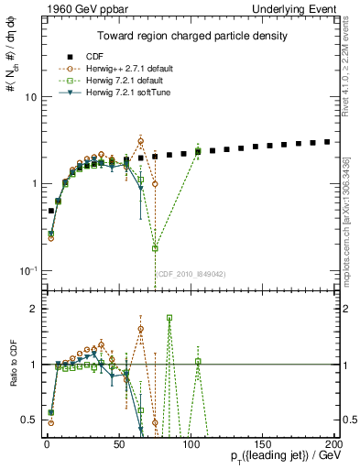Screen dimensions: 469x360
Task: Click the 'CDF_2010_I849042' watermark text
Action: coord(189,274)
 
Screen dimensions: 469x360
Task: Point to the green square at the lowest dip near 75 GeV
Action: coord(155,248)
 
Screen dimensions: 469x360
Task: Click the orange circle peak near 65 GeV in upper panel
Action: coord(140,141)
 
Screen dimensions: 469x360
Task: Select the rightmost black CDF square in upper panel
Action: coord(327,142)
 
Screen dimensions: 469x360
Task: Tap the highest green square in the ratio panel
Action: coord(169,318)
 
